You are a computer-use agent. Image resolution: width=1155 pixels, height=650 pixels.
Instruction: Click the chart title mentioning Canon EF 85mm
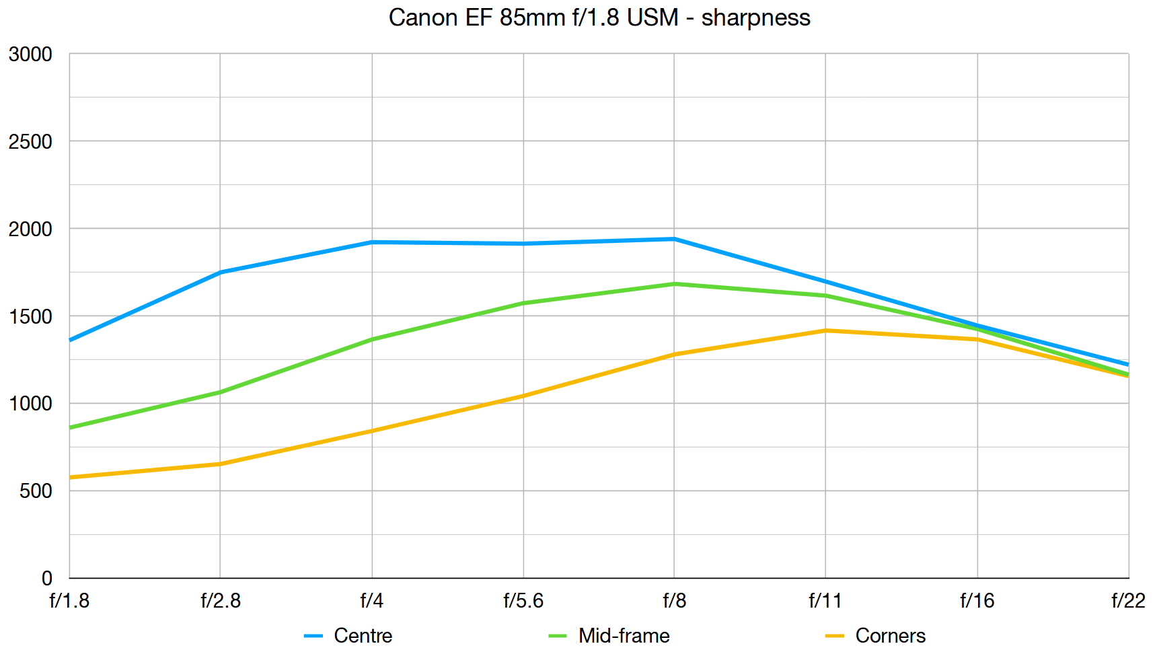(x=599, y=17)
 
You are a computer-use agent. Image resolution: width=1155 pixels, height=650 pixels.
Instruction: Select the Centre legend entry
(x=362, y=635)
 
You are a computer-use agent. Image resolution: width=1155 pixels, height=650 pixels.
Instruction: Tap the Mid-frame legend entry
(x=623, y=635)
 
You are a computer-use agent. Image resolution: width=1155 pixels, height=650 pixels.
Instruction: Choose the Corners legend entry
(x=889, y=635)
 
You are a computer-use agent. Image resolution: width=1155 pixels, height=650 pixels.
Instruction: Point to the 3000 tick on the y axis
(x=30, y=54)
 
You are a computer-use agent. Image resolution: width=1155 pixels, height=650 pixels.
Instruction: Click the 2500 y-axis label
(x=30, y=141)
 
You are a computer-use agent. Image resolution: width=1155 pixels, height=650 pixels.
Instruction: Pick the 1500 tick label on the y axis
(x=30, y=316)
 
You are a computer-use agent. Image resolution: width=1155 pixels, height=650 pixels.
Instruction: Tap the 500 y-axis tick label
(x=36, y=491)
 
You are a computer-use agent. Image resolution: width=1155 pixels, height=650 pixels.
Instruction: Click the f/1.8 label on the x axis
(x=69, y=600)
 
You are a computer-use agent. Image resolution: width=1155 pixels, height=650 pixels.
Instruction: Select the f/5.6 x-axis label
(x=523, y=600)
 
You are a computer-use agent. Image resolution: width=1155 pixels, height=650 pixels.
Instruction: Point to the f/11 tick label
(x=825, y=600)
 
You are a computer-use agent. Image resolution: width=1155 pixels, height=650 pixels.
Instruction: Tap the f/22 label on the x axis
(x=1128, y=600)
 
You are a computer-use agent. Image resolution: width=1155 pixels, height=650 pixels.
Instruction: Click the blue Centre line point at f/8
(x=674, y=239)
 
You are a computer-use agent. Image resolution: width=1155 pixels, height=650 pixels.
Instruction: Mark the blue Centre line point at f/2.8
(x=220, y=273)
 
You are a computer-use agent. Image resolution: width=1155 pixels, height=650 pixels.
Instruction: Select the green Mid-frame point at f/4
(x=372, y=340)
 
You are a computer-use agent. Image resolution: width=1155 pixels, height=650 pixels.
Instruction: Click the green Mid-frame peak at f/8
(x=674, y=284)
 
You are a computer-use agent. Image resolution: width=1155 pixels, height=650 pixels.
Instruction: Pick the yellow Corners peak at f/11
(x=825, y=330)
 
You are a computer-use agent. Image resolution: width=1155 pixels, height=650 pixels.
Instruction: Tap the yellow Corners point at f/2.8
(x=220, y=464)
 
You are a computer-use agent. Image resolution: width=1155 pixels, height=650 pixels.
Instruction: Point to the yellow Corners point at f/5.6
(x=523, y=396)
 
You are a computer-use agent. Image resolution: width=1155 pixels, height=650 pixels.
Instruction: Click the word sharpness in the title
(x=755, y=17)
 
